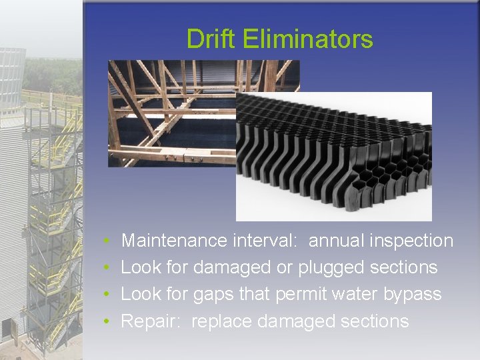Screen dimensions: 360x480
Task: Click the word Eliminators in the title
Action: click(308, 39)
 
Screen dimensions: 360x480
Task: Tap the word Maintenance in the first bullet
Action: click(175, 241)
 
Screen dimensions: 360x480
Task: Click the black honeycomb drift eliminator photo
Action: click(333, 157)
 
